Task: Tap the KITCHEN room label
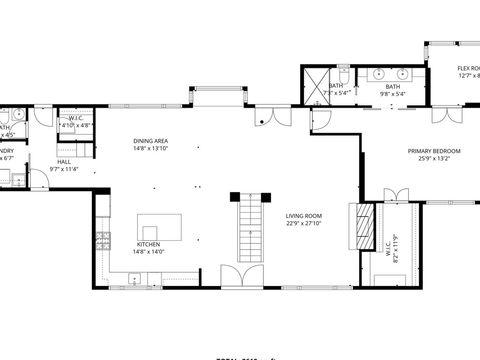148,244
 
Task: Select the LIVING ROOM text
304,215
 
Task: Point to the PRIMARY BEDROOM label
429,151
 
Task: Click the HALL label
64,161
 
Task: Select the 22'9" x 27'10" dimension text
304,223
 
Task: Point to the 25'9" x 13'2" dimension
429,159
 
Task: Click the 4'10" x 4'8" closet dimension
75,127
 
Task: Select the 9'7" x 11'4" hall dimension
64,169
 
